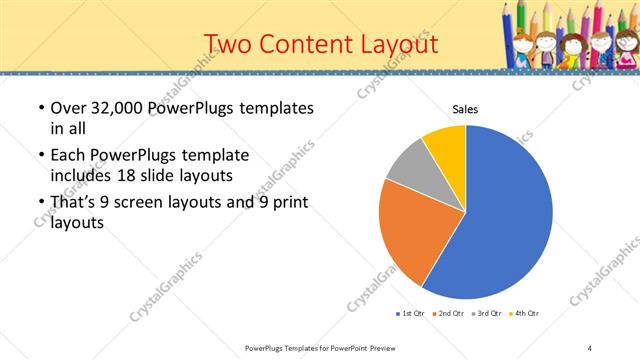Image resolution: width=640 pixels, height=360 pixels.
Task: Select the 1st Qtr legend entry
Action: point(412,314)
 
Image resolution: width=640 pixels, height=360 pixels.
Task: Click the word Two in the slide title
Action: point(226,44)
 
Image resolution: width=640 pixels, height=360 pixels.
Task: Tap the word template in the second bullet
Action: point(210,155)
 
